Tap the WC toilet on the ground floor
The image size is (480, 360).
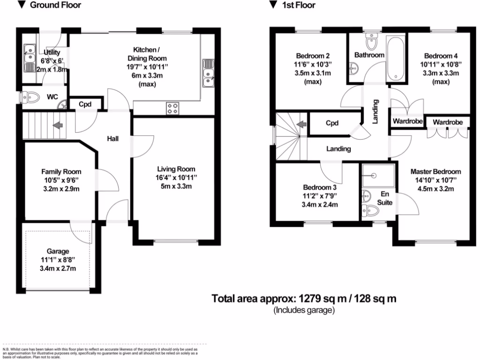coord(31,97)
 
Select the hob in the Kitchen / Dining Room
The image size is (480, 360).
coord(172,109)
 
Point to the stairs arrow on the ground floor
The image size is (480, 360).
coord(58,125)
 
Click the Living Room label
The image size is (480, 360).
coord(176,169)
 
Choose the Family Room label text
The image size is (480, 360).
coord(61,171)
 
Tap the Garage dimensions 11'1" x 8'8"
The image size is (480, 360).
coord(58,260)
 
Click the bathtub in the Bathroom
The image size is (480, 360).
coord(395,59)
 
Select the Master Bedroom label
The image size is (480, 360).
coord(435,172)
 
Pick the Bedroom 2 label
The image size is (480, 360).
coord(313,53)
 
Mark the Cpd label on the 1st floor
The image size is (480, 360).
coord(332,124)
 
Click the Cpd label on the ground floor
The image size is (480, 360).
coord(84,104)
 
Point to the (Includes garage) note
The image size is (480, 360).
coord(304,310)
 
